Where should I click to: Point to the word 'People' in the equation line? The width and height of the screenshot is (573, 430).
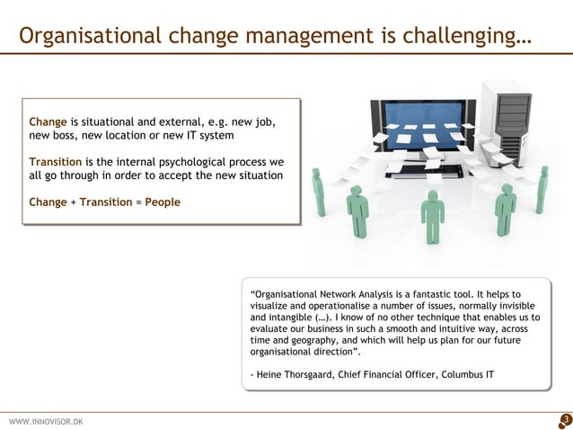point(162,202)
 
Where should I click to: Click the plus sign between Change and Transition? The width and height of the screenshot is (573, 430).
point(73,202)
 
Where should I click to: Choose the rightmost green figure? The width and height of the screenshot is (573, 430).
point(542,188)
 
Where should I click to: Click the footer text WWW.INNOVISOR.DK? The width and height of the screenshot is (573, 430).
point(45,421)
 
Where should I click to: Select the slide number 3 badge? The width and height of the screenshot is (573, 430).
point(564,419)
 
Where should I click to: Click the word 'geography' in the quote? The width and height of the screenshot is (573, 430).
point(306,341)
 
